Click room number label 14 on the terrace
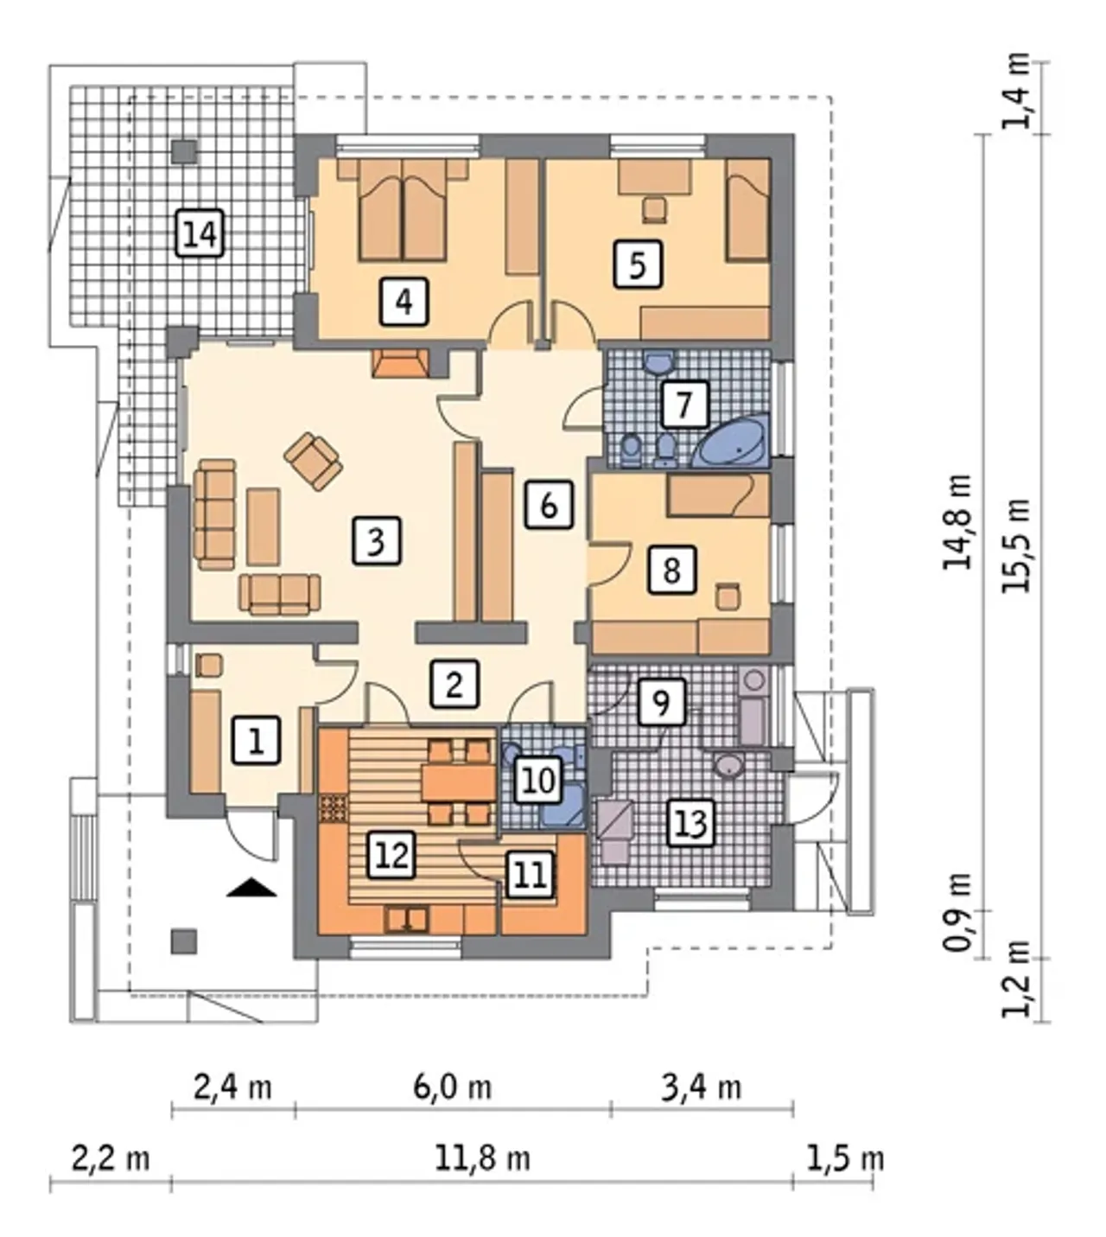200,233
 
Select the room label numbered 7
683,404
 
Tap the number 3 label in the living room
376,540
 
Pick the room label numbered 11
531,875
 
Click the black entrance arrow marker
251,888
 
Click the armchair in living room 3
313,462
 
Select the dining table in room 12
459,783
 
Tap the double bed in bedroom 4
403,211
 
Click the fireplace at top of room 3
400,363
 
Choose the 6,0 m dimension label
452,1087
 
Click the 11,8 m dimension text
482,1159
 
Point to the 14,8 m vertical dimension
957,522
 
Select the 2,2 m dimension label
111,1159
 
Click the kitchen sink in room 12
406,920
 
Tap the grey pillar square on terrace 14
184,152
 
